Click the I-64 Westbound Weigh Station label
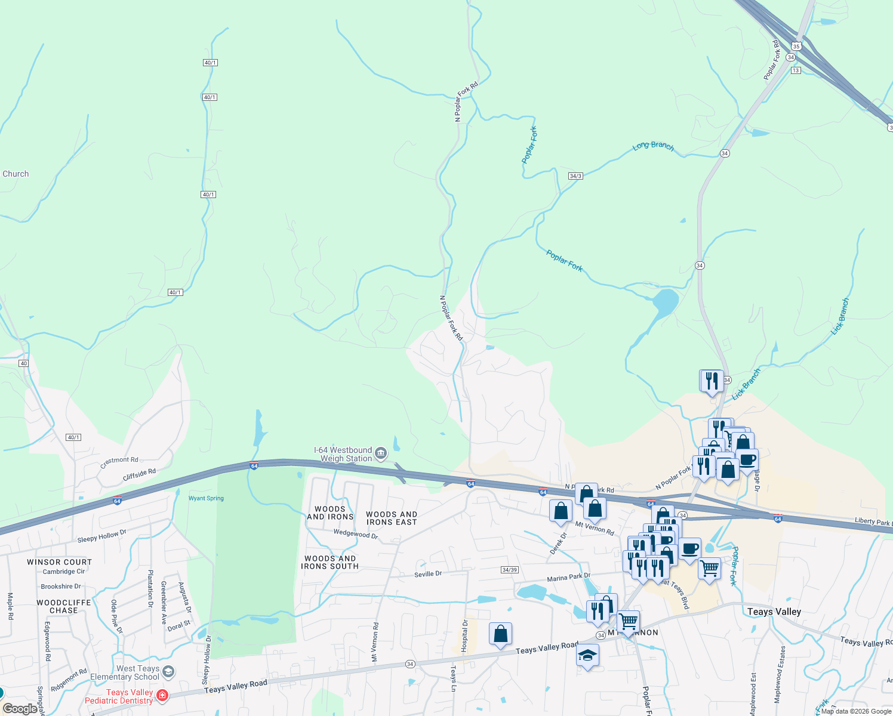pos(343,455)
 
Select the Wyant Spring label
pos(206,498)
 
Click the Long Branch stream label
pos(653,146)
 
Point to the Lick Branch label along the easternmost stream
pos(840,316)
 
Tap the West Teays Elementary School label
pos(125,672)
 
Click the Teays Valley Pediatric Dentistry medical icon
pos(162,695)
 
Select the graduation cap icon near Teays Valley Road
pos(588,655)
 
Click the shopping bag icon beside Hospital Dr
pos(500,634)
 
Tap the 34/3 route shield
pos(575,176)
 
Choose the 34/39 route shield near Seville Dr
pos(509,570)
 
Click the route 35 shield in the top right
pos(796,46)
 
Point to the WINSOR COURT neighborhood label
pos(60,562)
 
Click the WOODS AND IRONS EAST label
pos(392,518)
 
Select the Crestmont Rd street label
pos(119,462)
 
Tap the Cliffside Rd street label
pos(139,475)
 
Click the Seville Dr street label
pos(428,574)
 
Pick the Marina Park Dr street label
pos(568,578)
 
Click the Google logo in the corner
pos(20,709)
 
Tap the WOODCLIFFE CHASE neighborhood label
pos(64,606)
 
